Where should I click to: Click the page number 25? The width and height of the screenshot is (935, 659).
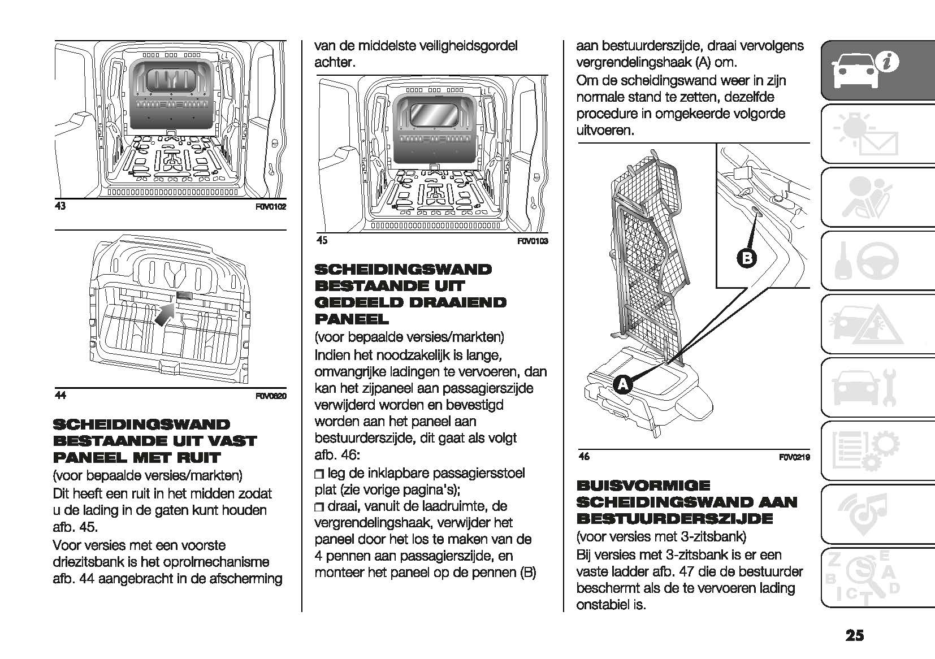click(855, 636)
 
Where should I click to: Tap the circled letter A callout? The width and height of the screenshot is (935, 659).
click(622, 384)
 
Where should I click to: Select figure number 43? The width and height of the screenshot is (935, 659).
click(59, 206)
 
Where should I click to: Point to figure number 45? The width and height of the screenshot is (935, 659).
click(322, 241)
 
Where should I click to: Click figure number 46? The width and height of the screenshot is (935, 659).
click(584, 457)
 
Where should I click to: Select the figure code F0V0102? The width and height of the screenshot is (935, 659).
click(271, 207)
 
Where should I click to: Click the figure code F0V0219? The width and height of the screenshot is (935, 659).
click(794, 457)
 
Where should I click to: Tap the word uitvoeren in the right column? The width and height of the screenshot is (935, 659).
click(604, 131)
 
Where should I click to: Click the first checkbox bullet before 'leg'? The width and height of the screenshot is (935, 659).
click(319, 474)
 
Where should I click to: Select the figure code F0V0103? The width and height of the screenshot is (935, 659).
click(533, 241)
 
